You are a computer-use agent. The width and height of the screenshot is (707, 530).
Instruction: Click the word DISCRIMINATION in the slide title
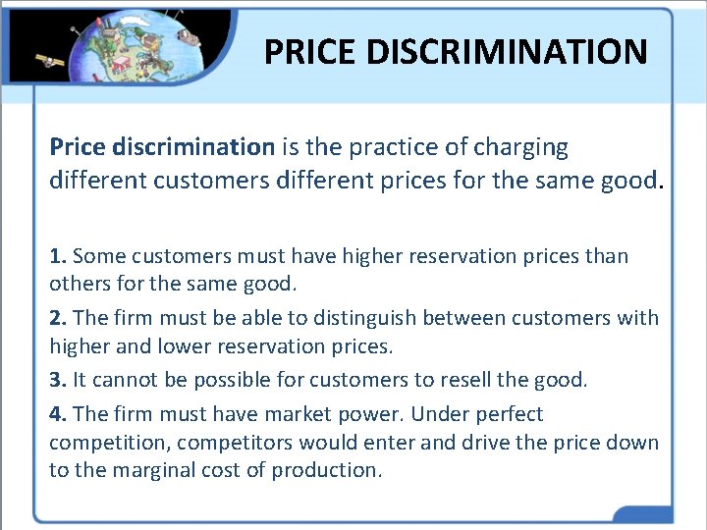click(x=508, y=51)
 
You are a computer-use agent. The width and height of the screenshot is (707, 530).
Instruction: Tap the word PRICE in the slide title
click(x=311, y=51)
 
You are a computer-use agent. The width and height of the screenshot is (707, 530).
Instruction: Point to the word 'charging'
click(x=522, y=147)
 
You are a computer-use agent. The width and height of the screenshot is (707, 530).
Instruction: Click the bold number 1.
click(x=57, y=256)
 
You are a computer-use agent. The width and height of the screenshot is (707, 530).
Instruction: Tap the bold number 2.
click(x=57, y=318)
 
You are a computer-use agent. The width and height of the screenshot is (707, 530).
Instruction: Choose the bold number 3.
click(x=57, y=380)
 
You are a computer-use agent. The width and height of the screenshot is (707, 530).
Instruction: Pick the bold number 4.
click(x=57, y=414)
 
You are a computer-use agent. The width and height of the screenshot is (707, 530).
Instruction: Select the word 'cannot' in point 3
click(x=120, y=380)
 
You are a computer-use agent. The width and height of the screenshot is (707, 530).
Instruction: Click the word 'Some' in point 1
click(x=94, y=256)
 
